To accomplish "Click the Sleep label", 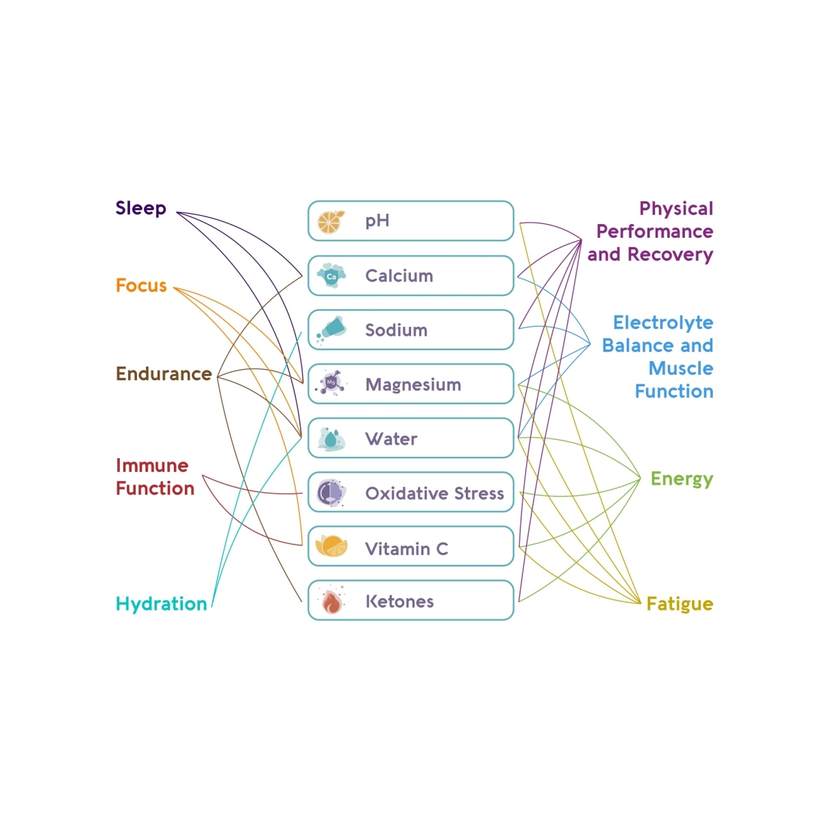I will (140, 208).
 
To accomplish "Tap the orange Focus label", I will (141, 286).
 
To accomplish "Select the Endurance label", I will (164, 374).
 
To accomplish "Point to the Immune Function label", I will (155, 477).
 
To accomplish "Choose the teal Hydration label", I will (161, 604).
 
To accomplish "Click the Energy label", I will (682, 480).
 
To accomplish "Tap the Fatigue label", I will (680, 604).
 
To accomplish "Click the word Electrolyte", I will (662, 323).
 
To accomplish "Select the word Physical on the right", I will (676, 208).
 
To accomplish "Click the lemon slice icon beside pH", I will (331, 221).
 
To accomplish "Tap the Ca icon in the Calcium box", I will (331, 276).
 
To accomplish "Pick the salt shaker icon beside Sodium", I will (332, 329).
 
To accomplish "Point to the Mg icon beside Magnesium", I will (332, 384).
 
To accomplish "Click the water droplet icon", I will (331, 438).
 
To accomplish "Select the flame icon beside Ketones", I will (332, 601).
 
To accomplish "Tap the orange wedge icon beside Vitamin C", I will (332, 547).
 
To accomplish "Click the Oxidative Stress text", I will (434, 493).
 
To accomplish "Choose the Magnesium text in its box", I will (413, 385).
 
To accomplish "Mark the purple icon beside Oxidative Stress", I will (331, 493).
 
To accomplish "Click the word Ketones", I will (399, 601).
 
